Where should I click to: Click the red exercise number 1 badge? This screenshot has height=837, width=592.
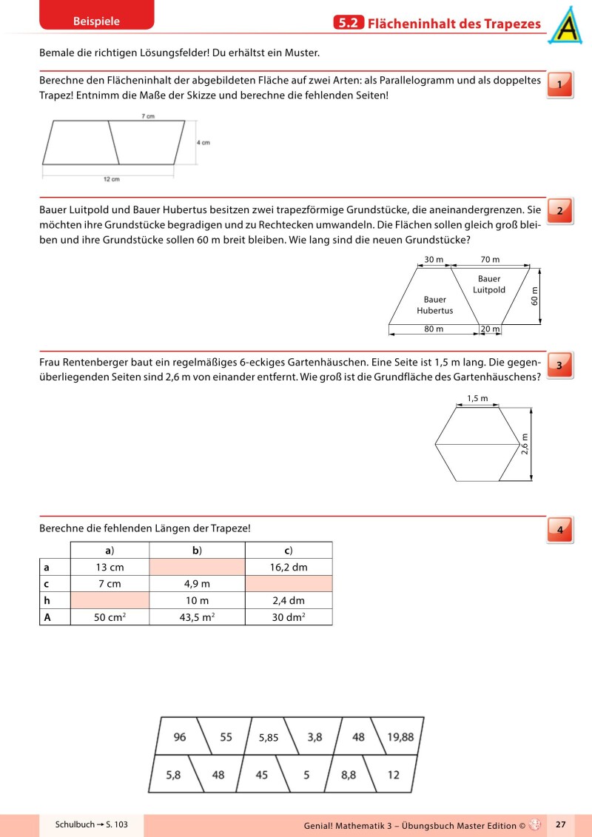pos(559,85)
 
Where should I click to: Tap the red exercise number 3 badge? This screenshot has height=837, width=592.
pos(559,365)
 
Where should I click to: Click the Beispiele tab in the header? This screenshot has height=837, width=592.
pos(96,21)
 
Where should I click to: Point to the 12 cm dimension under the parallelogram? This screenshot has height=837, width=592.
pos(111,179)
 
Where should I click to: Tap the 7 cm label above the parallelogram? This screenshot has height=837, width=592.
pos(148,116)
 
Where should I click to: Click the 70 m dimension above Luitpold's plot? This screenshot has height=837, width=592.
pos(490,260)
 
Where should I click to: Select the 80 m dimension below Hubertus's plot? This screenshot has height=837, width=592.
pos(434,329)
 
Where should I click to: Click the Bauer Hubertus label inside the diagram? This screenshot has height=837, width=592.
pos(435,305)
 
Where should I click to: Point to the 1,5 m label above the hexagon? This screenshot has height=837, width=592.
pos(477,399)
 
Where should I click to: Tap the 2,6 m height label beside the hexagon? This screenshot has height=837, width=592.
pos(525,445)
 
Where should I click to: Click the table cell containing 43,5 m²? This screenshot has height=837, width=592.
pos(197,616)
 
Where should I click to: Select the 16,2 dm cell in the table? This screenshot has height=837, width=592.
pos(289,568)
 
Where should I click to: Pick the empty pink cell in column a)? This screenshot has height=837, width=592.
pos(110,600)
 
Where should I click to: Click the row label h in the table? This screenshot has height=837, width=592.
pos(47,600)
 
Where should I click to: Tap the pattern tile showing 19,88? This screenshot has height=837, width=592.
pos(400,736)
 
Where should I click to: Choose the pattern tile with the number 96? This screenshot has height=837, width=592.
pos(180,736)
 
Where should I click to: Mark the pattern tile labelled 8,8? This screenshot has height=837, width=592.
pos(349,775)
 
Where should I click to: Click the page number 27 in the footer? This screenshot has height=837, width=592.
pos(560,824)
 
